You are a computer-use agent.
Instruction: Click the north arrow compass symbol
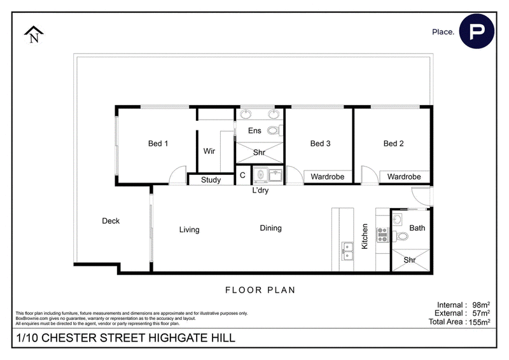[34, 34]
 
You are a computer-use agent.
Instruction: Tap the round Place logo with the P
[477, 31]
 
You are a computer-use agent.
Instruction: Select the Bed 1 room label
[158, 144]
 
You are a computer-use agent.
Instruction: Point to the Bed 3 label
[320, 144]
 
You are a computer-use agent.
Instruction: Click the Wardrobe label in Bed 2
[404, 177]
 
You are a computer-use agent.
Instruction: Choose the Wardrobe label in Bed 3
[327, 177]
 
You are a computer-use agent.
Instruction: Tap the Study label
[211, 180]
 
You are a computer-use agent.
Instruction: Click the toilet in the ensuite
[275, 130]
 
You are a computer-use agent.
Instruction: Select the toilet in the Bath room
[400, 236]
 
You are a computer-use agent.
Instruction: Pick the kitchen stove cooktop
[382, 235]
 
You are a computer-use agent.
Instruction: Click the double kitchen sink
[347, 251]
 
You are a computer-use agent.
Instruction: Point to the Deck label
[111, 221]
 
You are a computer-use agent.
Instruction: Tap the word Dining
[271, 228]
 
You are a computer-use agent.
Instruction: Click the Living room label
[189, 230]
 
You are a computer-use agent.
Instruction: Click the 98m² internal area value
[481, 305]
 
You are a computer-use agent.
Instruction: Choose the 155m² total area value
[480, 322]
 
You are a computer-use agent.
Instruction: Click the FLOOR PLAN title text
[260, 290]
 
